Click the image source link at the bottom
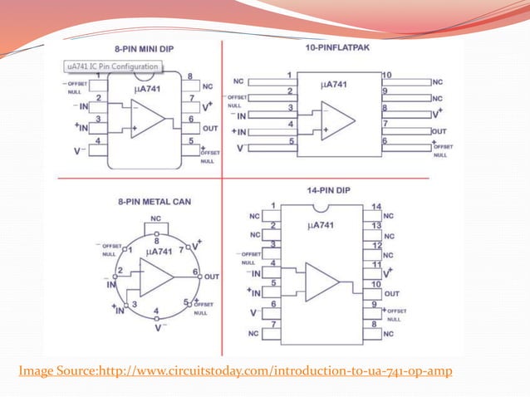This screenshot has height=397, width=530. (x=235, y=370)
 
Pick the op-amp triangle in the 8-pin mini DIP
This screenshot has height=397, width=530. (x=148, y=117)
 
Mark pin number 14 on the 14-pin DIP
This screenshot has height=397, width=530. (x=375, y=206)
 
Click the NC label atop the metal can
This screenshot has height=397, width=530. (x=155, y=219)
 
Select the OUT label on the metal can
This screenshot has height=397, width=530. (x=212, y=276)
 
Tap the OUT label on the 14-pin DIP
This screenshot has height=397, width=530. (x=392, y=293)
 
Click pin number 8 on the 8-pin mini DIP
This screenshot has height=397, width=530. (x=190, y=76)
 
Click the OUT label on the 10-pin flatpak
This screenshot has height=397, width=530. (x=439, y=130)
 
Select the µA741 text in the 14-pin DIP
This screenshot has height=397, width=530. (x=321, y=224)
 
